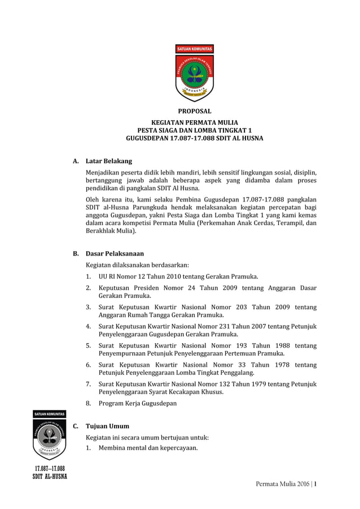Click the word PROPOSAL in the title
pos(194,111)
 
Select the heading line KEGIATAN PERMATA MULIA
pos(194,122)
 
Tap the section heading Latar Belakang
pos(108,161)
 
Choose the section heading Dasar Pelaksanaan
pos(115,253)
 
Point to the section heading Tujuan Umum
pos(107,426)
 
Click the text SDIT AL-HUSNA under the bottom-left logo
pos(50,476)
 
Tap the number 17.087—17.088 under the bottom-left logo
pos(50,468)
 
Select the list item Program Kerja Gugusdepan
pos(138,403)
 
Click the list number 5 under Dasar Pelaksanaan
pos(89,345)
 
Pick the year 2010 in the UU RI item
pos(177,277)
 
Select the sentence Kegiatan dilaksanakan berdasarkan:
pos(137,265)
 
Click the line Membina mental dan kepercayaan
pos(148,448)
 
